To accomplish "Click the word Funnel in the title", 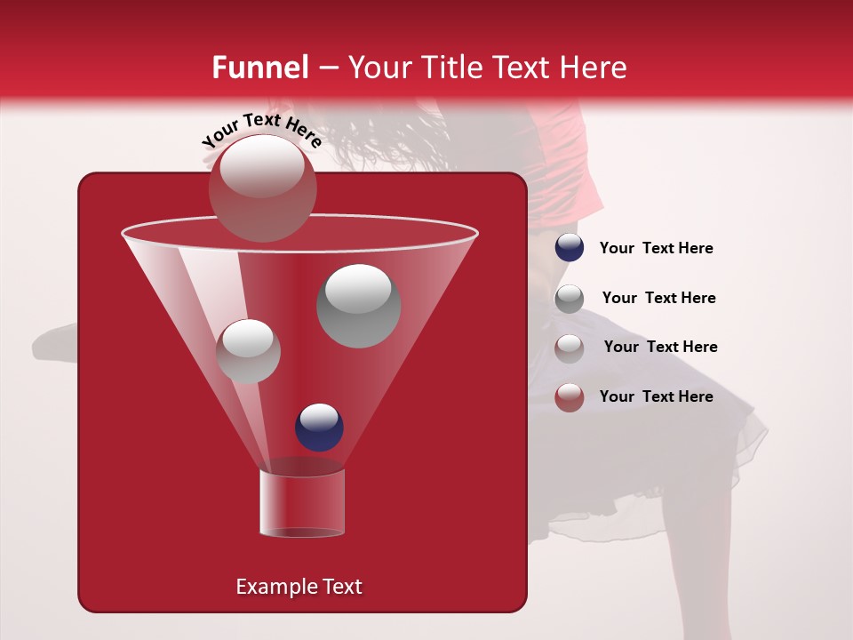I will tap(259, 68).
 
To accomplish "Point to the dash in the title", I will tap(327, 68).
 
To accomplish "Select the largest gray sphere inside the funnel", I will tap(359, 306).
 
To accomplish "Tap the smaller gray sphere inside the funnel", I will tap(249, 351).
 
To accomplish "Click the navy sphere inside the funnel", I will tap(319, 427).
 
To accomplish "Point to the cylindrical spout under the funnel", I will tap(301, 503).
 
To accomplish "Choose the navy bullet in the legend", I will tap(570, 248).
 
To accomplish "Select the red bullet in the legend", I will tap(570, 396).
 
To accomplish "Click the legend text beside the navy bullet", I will tap(656, 248).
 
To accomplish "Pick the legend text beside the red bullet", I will tap(656, 396).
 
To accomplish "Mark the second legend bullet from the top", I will tap(570, 298).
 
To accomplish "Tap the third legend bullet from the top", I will tap(570, 348).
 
